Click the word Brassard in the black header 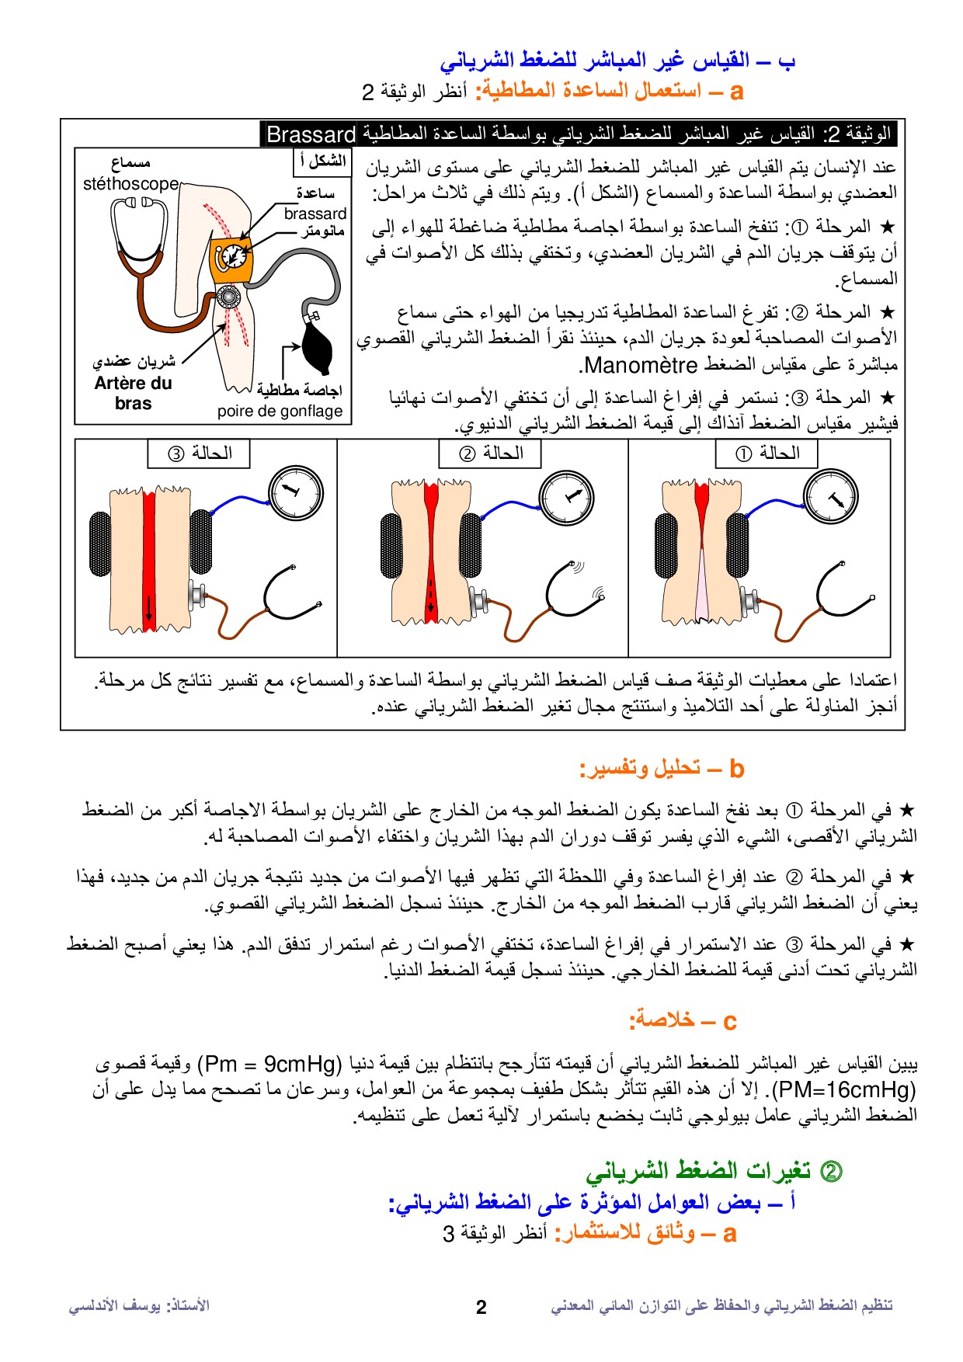pos(311,134)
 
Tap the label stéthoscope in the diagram pos(131,184)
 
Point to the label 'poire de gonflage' pos(280,412)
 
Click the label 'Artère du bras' pos(134,393)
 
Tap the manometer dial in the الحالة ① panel pos(831,496)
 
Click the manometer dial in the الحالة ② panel pos(566,497)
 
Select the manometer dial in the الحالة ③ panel pos(296,492)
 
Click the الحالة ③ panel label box pos(199,453)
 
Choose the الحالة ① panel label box pos(767,453)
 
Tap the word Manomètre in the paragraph pos(641,365)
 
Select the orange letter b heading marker pos(737,770)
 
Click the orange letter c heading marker pos(729,1022)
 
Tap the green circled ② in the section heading pos(831,1171)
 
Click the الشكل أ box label pos(323,162)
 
